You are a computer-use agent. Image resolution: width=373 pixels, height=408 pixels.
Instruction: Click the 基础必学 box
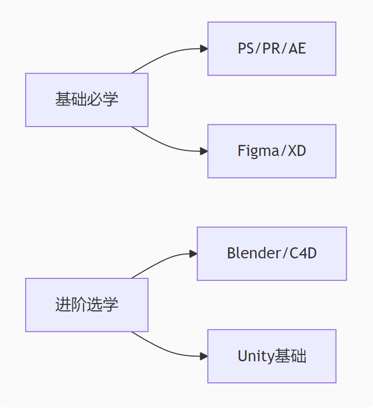(87, 100)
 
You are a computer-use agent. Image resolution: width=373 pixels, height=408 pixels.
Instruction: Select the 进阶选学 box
(87, 305)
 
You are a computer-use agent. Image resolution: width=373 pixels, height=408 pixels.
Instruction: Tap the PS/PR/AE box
(272, 49)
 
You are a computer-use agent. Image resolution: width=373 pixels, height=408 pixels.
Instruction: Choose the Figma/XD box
(272, 151)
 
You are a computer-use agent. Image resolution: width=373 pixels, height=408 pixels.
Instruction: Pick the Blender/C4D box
(272, 254)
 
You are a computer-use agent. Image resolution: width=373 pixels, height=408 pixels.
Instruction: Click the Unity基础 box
(272, 356)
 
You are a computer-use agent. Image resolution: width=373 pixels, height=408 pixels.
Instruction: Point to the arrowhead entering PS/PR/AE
(204, 49)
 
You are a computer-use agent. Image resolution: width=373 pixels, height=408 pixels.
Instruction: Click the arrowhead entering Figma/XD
(204, 151)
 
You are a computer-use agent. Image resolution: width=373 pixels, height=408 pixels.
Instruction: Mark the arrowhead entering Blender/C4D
(194, 254)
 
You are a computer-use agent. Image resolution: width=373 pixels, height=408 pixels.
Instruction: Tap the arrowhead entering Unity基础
(204, 356)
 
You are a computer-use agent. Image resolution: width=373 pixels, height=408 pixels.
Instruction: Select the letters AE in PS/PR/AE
(297, 49)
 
